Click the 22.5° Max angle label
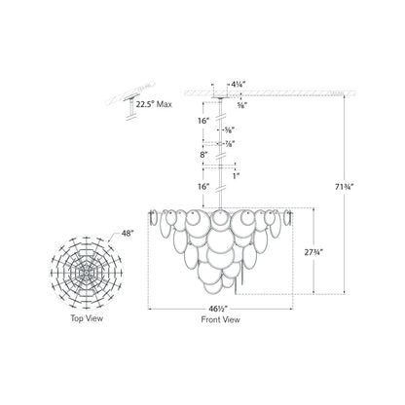154,104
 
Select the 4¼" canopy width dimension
238,84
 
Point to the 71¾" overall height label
344,187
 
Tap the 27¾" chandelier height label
313,252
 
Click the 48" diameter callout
128,233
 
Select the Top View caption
87,318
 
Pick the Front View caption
221,319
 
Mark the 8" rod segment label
203,155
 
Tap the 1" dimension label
237,175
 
